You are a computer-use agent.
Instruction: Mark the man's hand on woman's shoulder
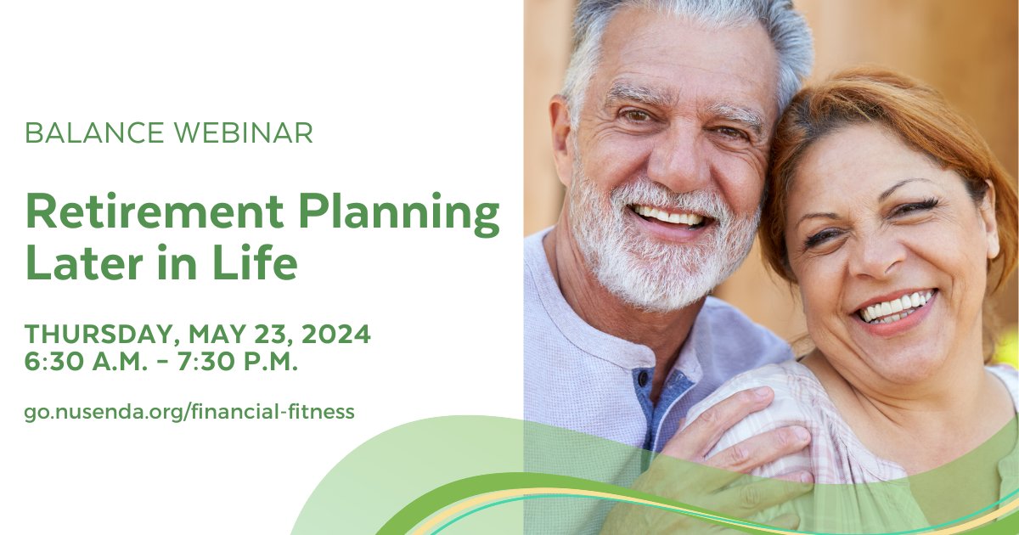click(x=747, y=442)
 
